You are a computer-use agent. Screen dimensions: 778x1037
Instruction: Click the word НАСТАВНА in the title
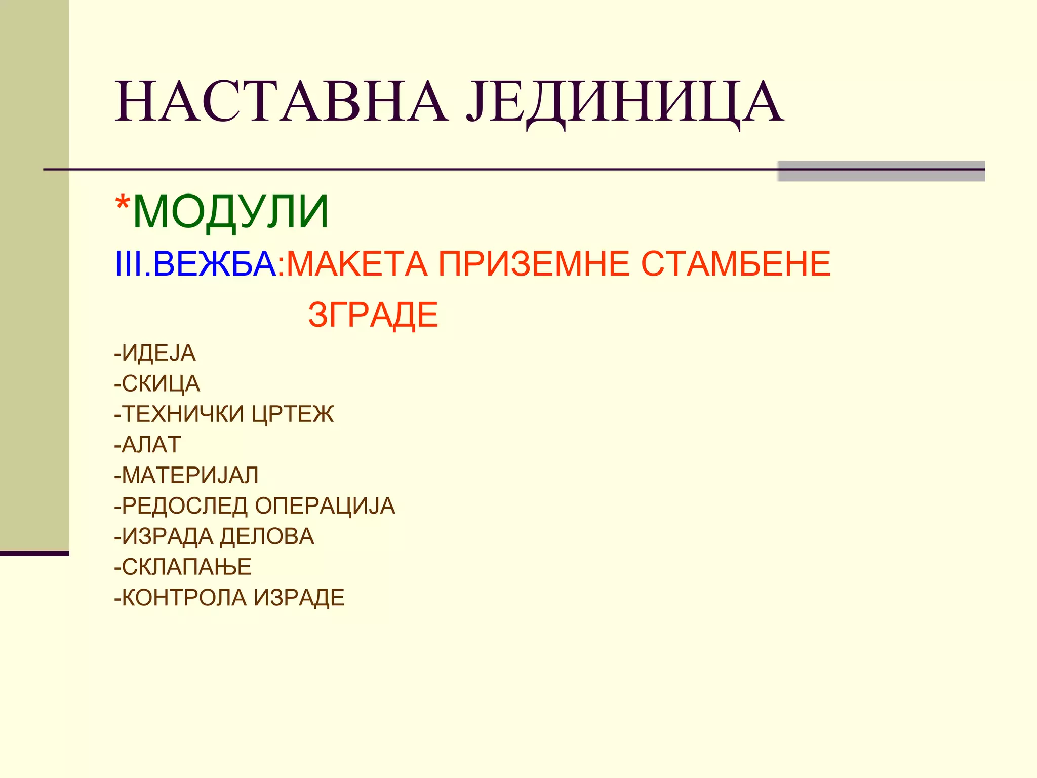(x=282, y=102)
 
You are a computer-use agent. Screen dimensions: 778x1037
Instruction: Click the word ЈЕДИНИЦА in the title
(x=625, y=102)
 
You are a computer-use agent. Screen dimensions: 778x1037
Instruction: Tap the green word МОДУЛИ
(x=231, y=212)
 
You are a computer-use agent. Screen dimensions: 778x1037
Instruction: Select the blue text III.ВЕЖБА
(x=195, y=264)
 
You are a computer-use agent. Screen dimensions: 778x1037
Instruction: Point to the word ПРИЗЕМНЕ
(x=534, y=264)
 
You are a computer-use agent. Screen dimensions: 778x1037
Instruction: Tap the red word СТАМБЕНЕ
(x=736, y=264)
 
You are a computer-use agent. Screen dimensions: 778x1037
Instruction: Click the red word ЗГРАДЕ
(x=373, y=315)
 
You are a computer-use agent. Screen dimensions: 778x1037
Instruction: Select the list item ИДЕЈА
(x=158, y=353)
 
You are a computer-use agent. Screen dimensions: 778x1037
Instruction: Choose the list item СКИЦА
(x=161, y=384)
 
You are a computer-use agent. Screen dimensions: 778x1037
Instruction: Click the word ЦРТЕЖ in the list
(x=293, y=414)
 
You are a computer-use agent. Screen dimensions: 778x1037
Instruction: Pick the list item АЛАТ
(x=151, y=445)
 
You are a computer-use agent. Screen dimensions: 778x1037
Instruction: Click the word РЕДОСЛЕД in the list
(x=185, y=506)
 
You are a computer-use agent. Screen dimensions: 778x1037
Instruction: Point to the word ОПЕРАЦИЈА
(x=325, y=506)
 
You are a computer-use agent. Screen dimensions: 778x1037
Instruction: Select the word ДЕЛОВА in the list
(x=267, y=536)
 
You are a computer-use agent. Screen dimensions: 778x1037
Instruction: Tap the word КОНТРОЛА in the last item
(x=184, y=598)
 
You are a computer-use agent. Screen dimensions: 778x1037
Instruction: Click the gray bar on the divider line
(x=881, y=171)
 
